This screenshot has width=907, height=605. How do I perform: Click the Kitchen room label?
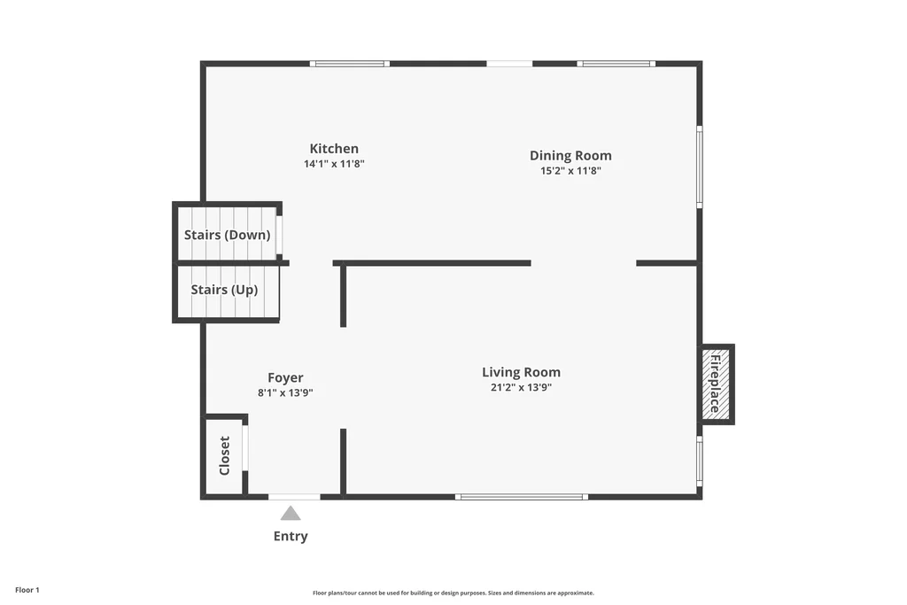pos(334,149)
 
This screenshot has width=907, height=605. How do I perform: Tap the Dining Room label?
pos(570,156)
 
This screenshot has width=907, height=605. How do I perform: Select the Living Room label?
pos(521,373)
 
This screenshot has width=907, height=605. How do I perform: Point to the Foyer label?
pos(285,377)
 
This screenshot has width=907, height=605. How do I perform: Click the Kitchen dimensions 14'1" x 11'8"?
pos(334,164)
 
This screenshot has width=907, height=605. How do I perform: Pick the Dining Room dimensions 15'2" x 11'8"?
pos(570,171)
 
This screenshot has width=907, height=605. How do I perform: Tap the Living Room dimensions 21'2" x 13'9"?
pos(521,387)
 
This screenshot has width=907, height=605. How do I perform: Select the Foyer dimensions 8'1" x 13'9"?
pos(285,392)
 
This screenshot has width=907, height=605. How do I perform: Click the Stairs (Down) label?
pos(228,235)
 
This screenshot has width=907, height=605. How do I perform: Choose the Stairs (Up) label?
pos(224,290)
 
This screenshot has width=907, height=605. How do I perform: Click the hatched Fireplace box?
pos(716,384)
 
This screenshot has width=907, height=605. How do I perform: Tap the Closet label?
pos(224,456)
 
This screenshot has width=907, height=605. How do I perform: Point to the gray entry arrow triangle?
pos(291,513)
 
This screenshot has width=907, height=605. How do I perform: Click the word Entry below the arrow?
pos(291,536)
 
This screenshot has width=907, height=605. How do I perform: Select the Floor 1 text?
pos(27,590)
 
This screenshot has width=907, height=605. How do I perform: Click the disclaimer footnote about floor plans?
pos(453,593)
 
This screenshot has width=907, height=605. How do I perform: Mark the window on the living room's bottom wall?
pos(522,497)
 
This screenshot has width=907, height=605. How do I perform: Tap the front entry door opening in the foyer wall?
pos(294,497)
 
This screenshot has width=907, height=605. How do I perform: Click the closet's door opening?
pos(245,447)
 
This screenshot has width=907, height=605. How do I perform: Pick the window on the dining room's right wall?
pos(700,167)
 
